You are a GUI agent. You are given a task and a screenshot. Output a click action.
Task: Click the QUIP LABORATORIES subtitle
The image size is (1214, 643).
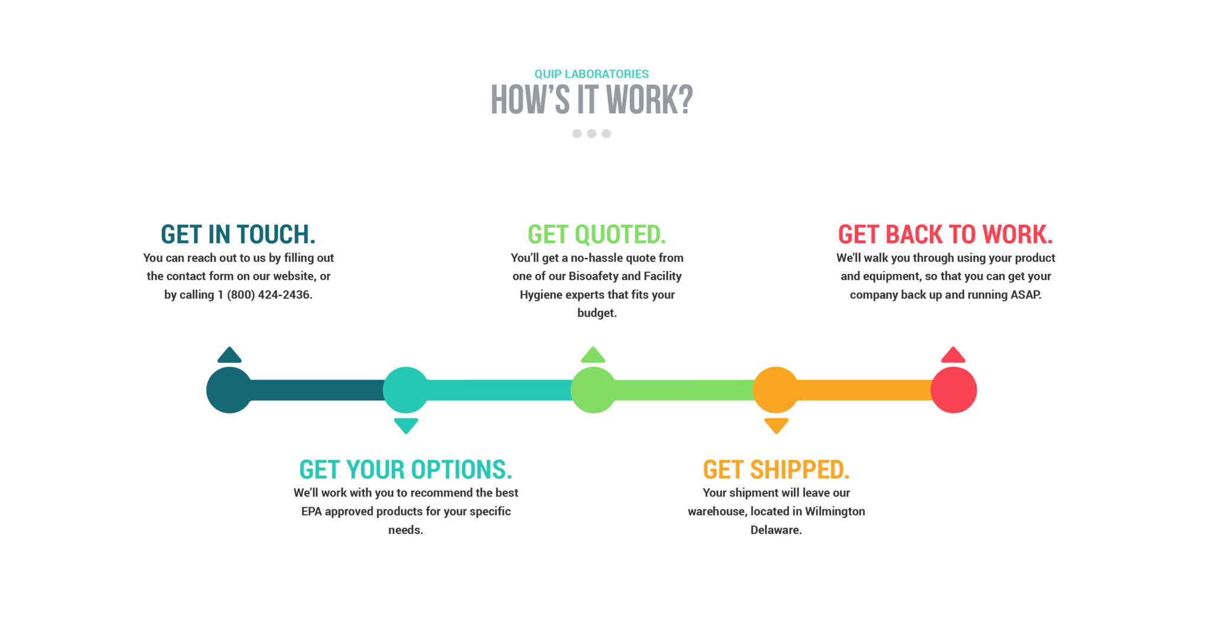click(592, 74)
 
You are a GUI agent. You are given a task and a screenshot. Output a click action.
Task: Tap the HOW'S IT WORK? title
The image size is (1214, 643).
click(592, 99)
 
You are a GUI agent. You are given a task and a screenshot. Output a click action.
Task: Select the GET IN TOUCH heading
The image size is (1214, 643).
click(238, 234)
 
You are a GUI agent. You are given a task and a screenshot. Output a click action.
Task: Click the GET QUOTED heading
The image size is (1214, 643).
click(597, 234)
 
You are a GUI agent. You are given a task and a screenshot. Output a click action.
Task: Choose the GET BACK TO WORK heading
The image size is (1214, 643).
click(945, 234)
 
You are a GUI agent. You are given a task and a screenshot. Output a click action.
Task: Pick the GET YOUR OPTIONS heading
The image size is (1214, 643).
click(405, 469)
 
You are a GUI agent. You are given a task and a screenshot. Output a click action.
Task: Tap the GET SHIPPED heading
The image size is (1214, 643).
click(776, 469)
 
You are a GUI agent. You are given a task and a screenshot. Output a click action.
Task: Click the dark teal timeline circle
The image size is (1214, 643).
click(229, 390)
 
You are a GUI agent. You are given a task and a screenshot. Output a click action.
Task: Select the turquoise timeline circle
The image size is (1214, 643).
click(406, 390)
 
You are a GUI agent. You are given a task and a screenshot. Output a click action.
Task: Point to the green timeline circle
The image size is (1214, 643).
click(593, 390)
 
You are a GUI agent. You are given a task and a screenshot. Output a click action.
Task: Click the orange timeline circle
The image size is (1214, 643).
click(776, 390)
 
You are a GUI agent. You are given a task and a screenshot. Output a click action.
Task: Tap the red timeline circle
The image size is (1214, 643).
click(954, 390)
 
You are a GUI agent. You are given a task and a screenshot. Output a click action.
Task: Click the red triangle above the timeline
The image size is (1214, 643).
click(953, 355)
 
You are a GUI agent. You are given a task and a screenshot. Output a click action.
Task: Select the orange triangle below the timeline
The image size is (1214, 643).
click(776, 425)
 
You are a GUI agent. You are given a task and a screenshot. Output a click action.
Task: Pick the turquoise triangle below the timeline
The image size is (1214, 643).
click(406, 425)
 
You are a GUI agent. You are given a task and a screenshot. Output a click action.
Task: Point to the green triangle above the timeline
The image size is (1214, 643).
click(593, 355)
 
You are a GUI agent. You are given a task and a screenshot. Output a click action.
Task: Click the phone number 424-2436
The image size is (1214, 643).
click(285, 295)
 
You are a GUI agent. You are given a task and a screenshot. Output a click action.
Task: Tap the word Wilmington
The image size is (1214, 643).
click(835, 511)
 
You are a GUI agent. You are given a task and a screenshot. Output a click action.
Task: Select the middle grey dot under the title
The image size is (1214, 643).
click(592, 133)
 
